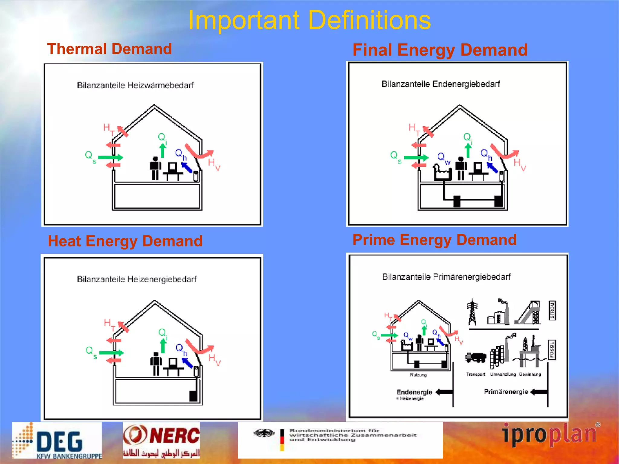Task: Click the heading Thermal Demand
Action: pyautogui.click(x=109, y=49)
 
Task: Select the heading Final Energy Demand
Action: pyautogui.click(x=440, y=50)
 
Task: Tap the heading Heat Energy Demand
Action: pyautogui.click(x=125, y=241)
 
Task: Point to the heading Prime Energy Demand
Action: pyautogui.click(x=434, y=240)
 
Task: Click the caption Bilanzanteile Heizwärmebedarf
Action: pyautogui.click(x=135, y=85)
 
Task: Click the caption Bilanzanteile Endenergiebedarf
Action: pyautogui.click(x=440, y=84)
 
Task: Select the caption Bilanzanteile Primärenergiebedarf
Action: pyautogui.click(x=446, y=277)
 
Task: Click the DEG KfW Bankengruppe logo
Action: pyautogui.click(x=57, y=440)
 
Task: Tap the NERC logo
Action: pyautogui.click(x=161, y=440)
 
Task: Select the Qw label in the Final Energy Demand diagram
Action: pyautogui.click(x=443, y=158)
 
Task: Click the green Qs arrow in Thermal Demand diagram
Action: pyautogui.click(x=110, y=157)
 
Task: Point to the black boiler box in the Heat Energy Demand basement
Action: pyautogui.click(x=193, y=396)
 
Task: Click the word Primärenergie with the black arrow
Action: pyautogui.click(x=506, y=392)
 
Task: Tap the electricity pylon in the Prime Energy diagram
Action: pyautogui.click(x=472, y=312)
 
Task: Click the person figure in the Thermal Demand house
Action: pyautogui.click(x=155, y=168)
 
